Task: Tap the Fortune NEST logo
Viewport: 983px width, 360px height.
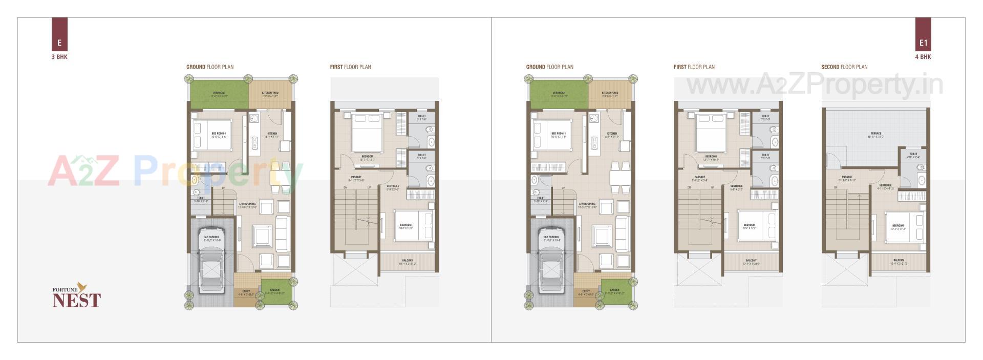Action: point(77,296)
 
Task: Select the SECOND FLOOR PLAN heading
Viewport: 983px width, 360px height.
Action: point(844,67)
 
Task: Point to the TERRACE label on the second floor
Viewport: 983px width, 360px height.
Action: point(876,134)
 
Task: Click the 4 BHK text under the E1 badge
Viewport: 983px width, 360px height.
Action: point(923,57)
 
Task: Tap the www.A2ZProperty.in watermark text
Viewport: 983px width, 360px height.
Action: point(814,85)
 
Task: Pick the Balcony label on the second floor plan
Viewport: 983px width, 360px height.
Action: point(899,261)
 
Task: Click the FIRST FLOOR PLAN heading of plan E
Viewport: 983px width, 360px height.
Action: point(350,67)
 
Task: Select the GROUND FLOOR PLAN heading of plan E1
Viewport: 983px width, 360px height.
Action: point(549,67)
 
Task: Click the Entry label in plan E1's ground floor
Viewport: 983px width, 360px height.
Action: point(586,291)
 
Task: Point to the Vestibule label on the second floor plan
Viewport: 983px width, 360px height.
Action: point(885,185)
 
